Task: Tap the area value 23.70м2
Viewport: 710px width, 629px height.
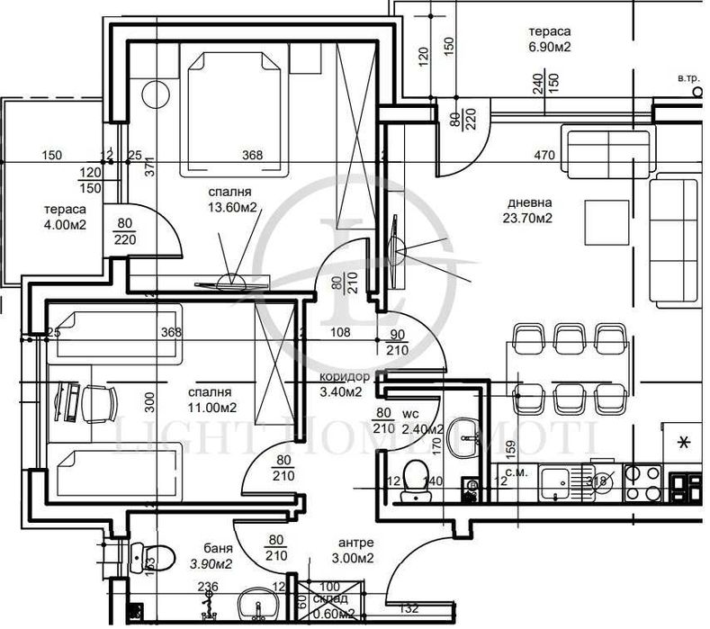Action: click(528, 217)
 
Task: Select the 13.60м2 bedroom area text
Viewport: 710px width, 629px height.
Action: click(229, 207)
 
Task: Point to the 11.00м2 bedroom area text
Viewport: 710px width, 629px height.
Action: click(211, 407)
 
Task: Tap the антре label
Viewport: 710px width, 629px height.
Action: click(356, 543)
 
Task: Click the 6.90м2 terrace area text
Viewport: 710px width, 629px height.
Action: click(551, 46)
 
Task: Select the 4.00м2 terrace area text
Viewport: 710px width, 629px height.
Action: click(64, 225)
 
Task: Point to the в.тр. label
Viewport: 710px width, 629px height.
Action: click(688, 79)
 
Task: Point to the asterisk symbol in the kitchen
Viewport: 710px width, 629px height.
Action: click(684, 442)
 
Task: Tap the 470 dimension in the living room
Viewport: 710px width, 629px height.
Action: click(544, 155)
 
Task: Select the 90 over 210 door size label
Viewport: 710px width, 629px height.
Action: click(396, 342)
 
